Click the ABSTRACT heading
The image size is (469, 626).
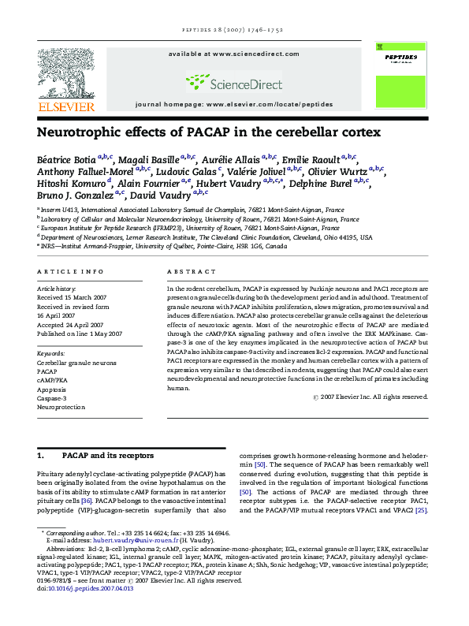click(191, 271)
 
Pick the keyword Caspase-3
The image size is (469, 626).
click(53, 398)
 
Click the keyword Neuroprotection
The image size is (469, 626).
click(61, 408)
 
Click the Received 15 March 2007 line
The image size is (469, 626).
click(73, 298)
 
